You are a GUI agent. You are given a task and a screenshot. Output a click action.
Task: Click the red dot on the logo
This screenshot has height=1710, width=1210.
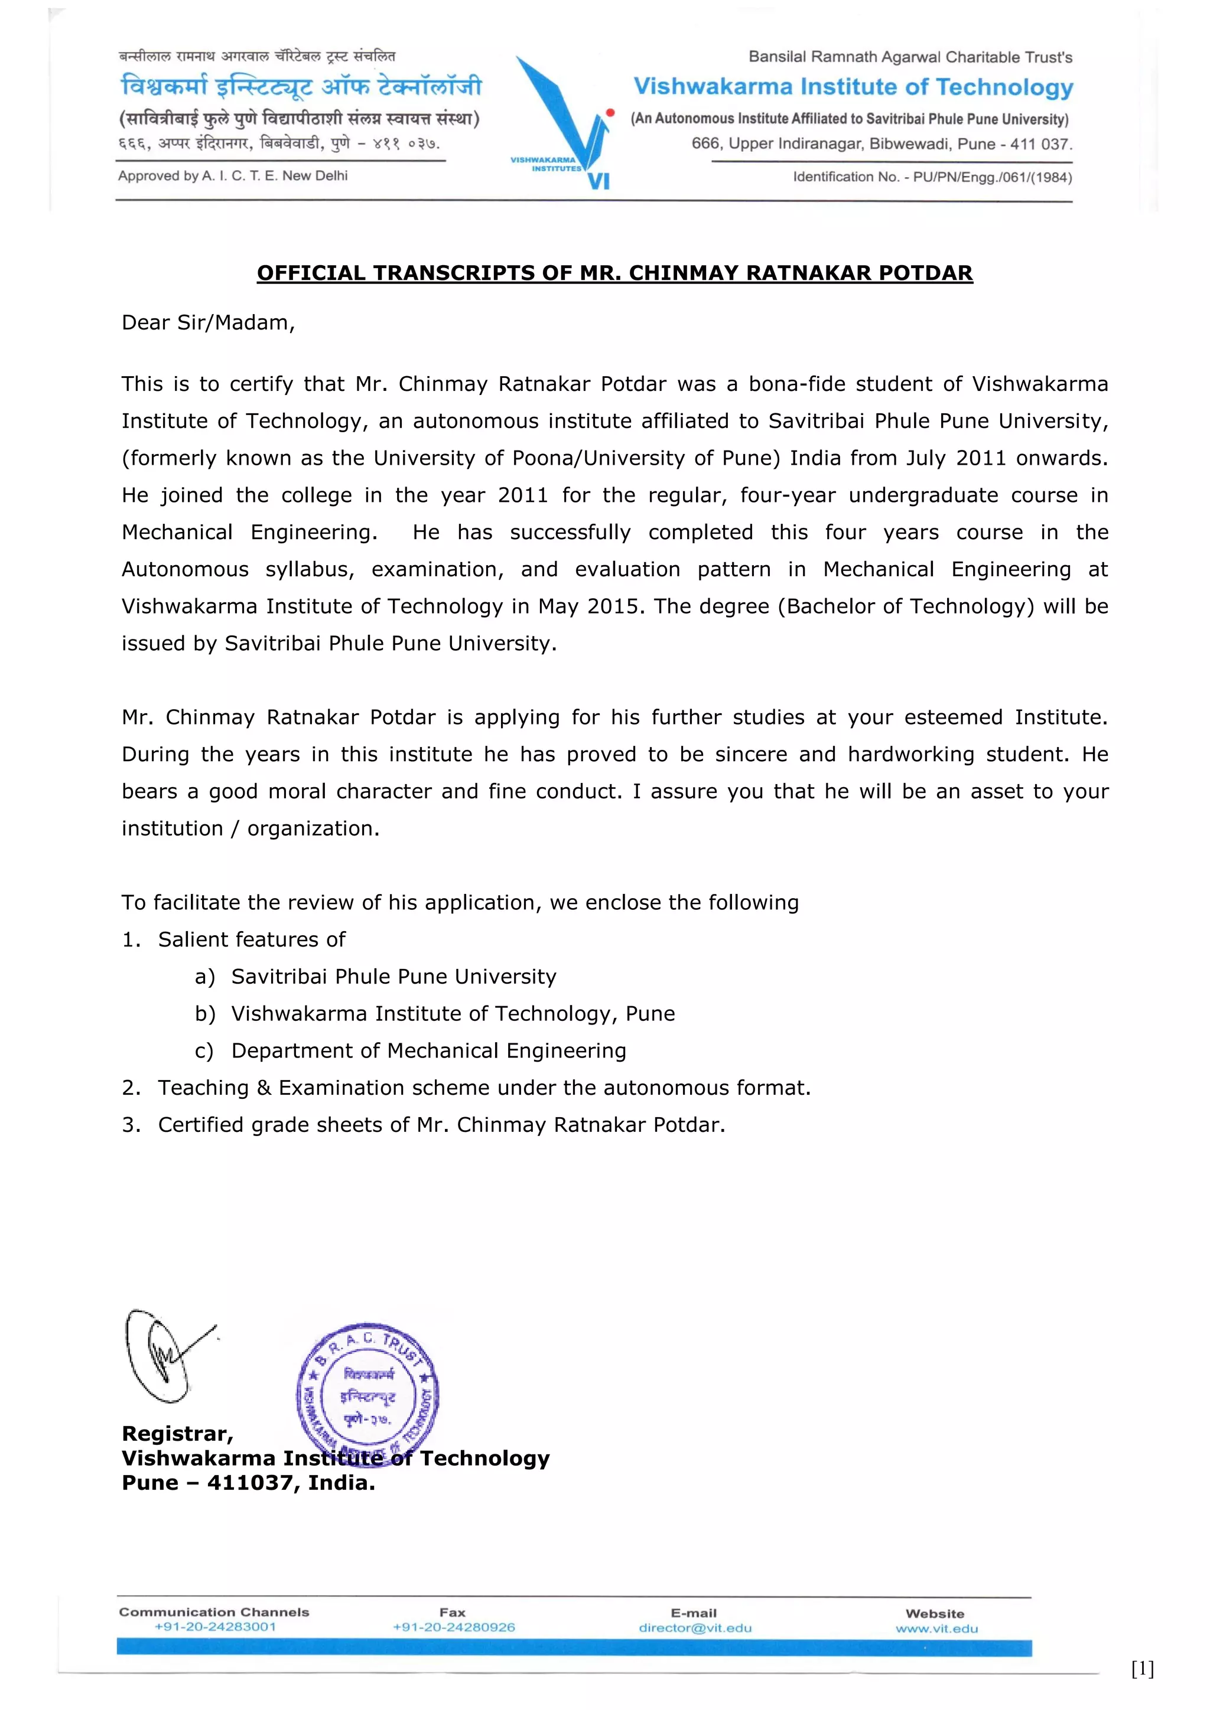pos(610,112)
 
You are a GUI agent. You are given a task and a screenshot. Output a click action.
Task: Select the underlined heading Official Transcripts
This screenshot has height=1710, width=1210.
pos(614,273)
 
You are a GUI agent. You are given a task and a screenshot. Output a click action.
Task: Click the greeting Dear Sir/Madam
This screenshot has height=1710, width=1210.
pos(208,322)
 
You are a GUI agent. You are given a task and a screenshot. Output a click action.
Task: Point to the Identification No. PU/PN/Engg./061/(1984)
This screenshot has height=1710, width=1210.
pos(932,177)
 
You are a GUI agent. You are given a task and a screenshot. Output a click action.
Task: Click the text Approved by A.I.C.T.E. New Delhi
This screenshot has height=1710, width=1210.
pos(232,176)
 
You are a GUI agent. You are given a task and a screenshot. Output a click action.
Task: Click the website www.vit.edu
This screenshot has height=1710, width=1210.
pos(936,1629)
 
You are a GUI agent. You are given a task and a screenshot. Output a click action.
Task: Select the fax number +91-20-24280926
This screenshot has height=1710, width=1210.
pos(454,1627)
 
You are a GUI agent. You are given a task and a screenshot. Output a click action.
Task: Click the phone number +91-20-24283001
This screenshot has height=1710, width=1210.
pos(214,1627)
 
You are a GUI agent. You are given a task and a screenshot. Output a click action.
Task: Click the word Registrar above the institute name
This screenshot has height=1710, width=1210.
pos(177,1434)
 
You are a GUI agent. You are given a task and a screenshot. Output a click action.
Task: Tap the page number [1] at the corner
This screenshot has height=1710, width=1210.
pos(1142,1669)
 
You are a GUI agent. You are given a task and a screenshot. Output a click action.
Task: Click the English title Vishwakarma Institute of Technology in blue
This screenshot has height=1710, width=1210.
pos(853,87)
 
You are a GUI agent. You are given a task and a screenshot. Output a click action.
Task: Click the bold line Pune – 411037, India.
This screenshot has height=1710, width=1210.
pos(248,1483)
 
